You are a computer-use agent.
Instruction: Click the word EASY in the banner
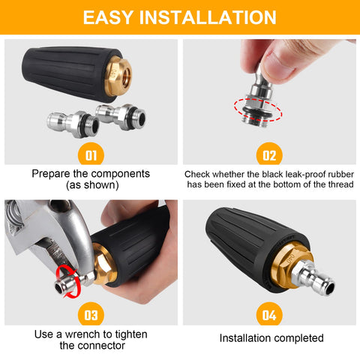click(x=108, y=17)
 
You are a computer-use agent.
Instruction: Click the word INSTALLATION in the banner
click(x=208, y=17)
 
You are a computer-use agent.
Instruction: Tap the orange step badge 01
click(x=91, y=154)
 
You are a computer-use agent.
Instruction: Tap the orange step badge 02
click(x=269, y=154)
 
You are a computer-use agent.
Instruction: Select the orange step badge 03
click(x=91, y=314)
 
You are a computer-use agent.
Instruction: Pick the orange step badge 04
click(x=269, y=314)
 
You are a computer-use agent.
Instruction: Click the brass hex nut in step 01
click(x=118, y=76)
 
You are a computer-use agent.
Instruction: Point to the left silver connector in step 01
click(x=73, y=124)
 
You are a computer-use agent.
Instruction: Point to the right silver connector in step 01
click(x=121, y=116)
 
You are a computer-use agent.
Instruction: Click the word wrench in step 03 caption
click(x=83, y=334)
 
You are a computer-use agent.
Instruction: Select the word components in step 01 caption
click(x=121, y=174)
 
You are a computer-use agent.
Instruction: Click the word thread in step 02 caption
click(x=340, y=184)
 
